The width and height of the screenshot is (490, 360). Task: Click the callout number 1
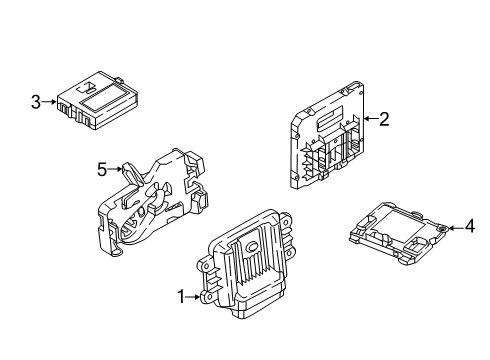(x=181, y=297)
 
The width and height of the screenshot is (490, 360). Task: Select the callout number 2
(x=384, y=119)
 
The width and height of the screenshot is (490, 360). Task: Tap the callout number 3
(x=36, y=102)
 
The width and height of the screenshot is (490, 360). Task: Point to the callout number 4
(x=469, y=226)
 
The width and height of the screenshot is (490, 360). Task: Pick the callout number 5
(x=102, y=169)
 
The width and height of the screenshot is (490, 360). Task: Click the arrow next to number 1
(x=193, y=297)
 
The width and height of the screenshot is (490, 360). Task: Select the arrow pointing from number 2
(x=371, y=118)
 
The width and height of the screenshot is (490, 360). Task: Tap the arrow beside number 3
(x=50, y=102)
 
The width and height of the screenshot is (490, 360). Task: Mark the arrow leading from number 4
(x=456, y=228)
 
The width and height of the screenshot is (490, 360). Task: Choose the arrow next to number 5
(x=115, y=169)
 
